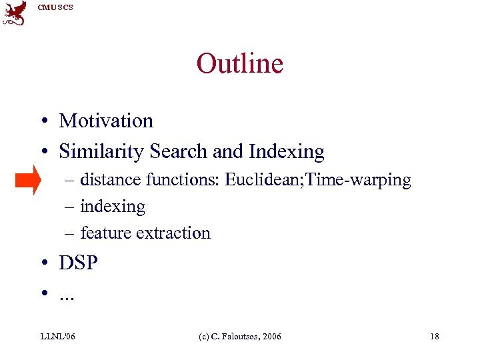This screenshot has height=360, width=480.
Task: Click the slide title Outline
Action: (x=239, y=63)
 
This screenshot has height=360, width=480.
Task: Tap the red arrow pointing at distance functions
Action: (x=29, y=180)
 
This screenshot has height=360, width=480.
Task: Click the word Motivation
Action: (x=106, y=121)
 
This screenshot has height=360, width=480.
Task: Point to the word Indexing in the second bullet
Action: (x=287, y=152)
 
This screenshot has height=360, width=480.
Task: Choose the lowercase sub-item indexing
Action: (x=112, y=207)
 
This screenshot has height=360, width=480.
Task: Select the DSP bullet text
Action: (x=78, y=263)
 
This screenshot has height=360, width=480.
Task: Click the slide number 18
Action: (x=434, y=337)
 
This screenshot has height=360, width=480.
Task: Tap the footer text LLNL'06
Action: (x=57, y=337)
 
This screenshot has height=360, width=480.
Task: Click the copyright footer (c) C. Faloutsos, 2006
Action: (x=239, y=337)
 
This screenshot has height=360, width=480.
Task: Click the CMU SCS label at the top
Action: (x=55, y=7)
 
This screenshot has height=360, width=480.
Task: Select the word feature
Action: (x=102, y=233)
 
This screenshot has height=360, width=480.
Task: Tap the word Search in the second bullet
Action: (x=178, y=152)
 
